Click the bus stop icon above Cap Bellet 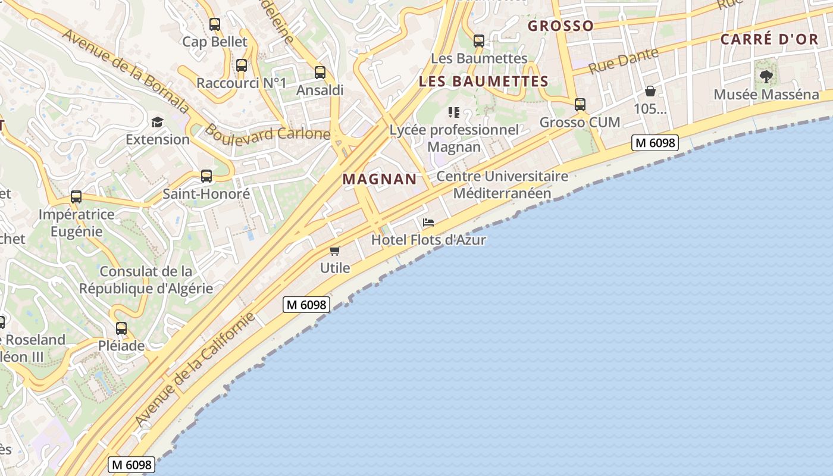tap(215, 24)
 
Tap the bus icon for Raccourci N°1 tap(242, 65)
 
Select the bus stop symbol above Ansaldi tap(320, 73)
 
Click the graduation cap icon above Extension tap(157, 122)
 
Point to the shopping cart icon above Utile tap(335, 250)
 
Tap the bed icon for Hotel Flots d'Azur tap(428, 223)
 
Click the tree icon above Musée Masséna tap(766, 76)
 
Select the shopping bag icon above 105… tap(650, 91)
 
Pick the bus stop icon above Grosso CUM tap(580, 105)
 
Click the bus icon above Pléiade tap(121, 328)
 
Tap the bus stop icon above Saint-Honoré tap(206, 176)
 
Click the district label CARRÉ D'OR tap(769, 39)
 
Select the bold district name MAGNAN tap(380, 179)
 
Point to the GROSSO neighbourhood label tap(560, 26)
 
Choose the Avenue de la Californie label tap(195, 369)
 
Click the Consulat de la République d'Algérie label tap(146, 280)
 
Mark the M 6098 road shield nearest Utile tap(306, 305)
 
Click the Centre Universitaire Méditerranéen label tap(502, 184)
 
